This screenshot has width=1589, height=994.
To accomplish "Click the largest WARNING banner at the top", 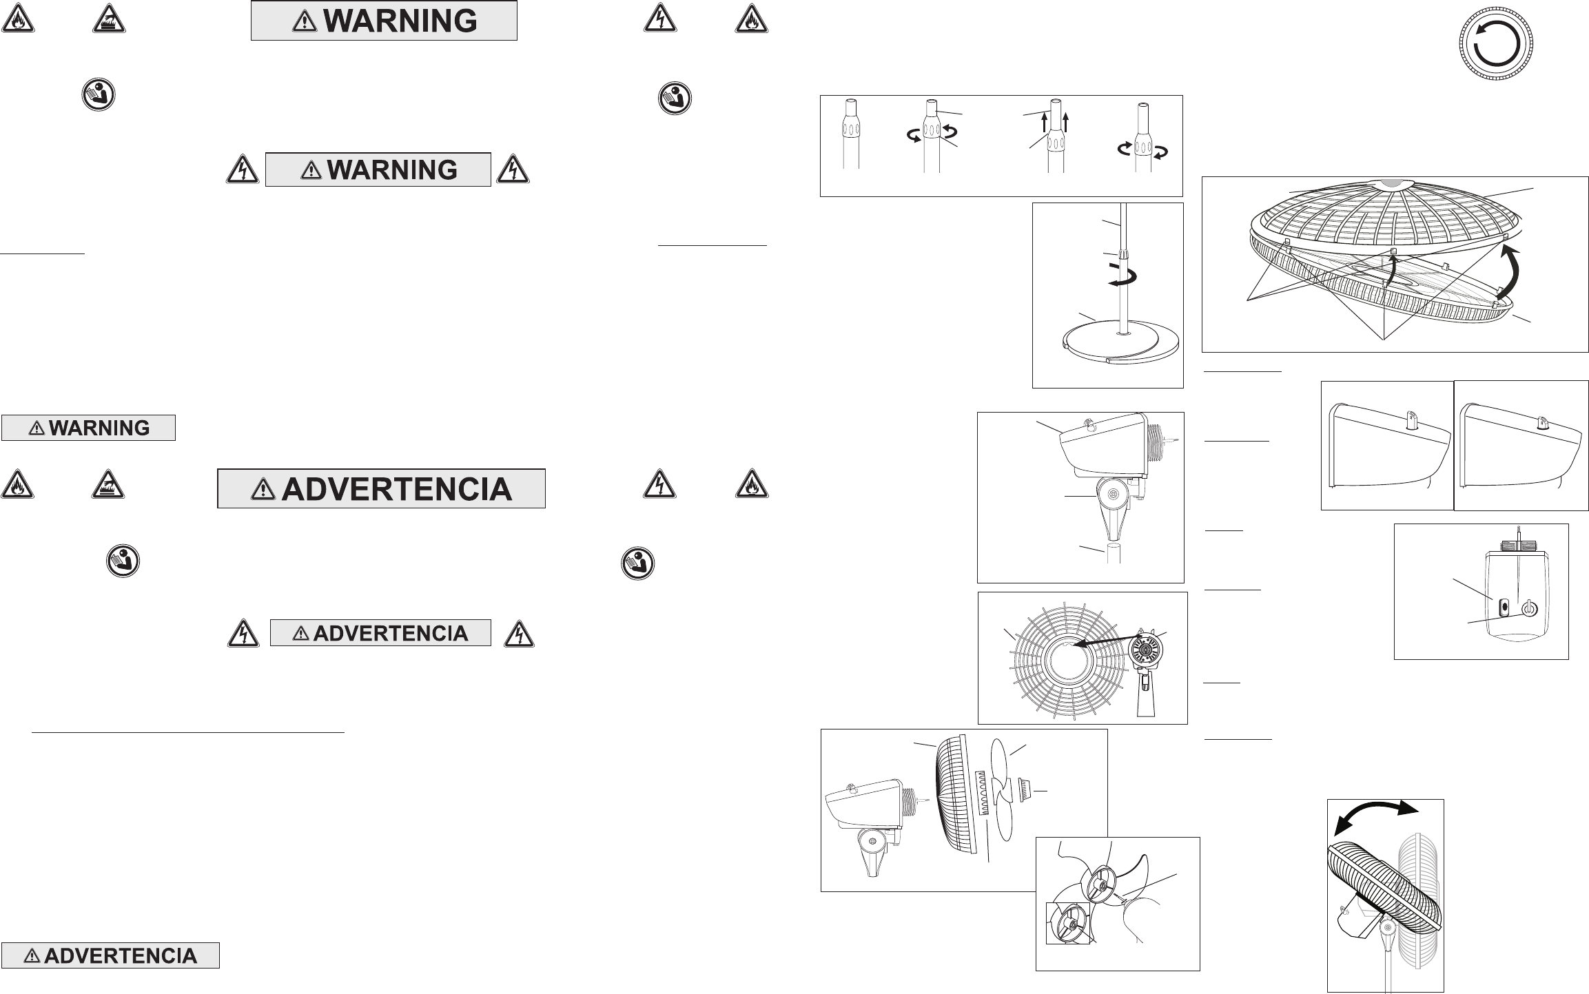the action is pos(384,21).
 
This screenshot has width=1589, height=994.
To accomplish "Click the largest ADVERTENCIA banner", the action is pos(381,488).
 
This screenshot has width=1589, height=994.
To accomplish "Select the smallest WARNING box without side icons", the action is pos(88,428).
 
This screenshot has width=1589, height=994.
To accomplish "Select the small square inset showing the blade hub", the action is pos(1068,923).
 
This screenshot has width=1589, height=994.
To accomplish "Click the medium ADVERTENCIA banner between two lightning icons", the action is pos(380,633).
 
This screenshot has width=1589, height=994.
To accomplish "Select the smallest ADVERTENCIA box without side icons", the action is pos(110,955).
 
